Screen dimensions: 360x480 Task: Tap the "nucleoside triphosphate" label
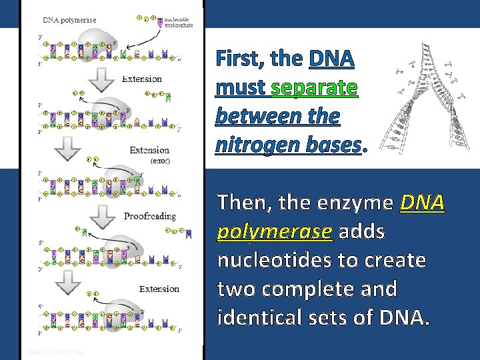(x=180, y=23)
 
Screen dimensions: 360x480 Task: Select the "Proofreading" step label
(x=150, y=216)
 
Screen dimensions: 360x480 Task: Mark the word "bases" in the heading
(x=331, y=145)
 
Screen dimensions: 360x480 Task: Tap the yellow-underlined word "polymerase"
(x=275, y=231)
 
